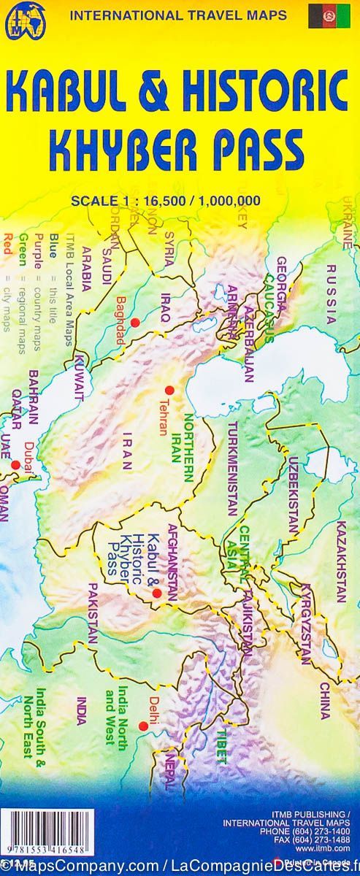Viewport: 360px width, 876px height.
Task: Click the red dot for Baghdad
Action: [134, 322]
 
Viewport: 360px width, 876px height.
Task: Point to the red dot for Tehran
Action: [169, 390]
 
